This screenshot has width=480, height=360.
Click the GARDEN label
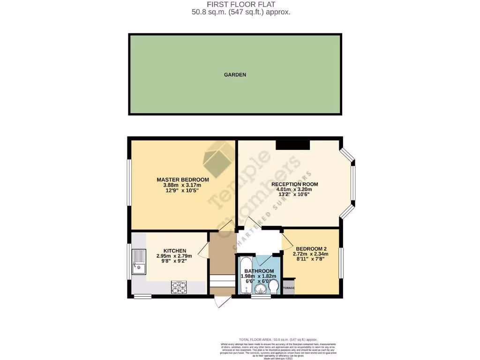(235, 75)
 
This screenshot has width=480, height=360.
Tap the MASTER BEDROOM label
(183, 180)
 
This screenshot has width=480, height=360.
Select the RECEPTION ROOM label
(294, 184)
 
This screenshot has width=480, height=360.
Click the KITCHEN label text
(175, 251)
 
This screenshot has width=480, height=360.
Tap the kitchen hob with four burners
(179, 287)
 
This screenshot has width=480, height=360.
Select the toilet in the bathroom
(273, 285)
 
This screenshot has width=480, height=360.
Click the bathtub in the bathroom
(244, 274)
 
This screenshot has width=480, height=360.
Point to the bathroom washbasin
(259, 291)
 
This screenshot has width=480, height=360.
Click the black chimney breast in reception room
(293, 145)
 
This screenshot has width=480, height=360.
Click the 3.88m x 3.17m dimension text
(183, 185)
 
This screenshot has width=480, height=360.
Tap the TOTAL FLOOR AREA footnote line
(278, 339)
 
